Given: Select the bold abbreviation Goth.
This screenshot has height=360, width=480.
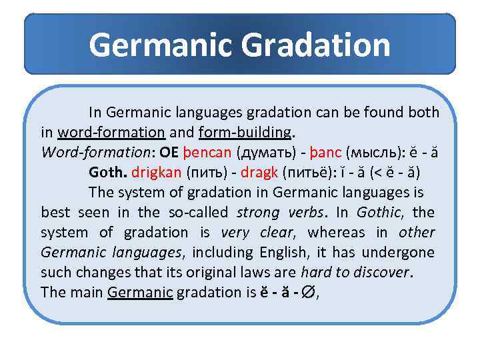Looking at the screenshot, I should coord(108,172).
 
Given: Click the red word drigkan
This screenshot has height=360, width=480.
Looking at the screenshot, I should coord(157,172).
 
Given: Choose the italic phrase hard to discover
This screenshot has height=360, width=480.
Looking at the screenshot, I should coord(355,272).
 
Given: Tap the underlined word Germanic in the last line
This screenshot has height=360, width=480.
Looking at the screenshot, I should coord(140,292).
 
